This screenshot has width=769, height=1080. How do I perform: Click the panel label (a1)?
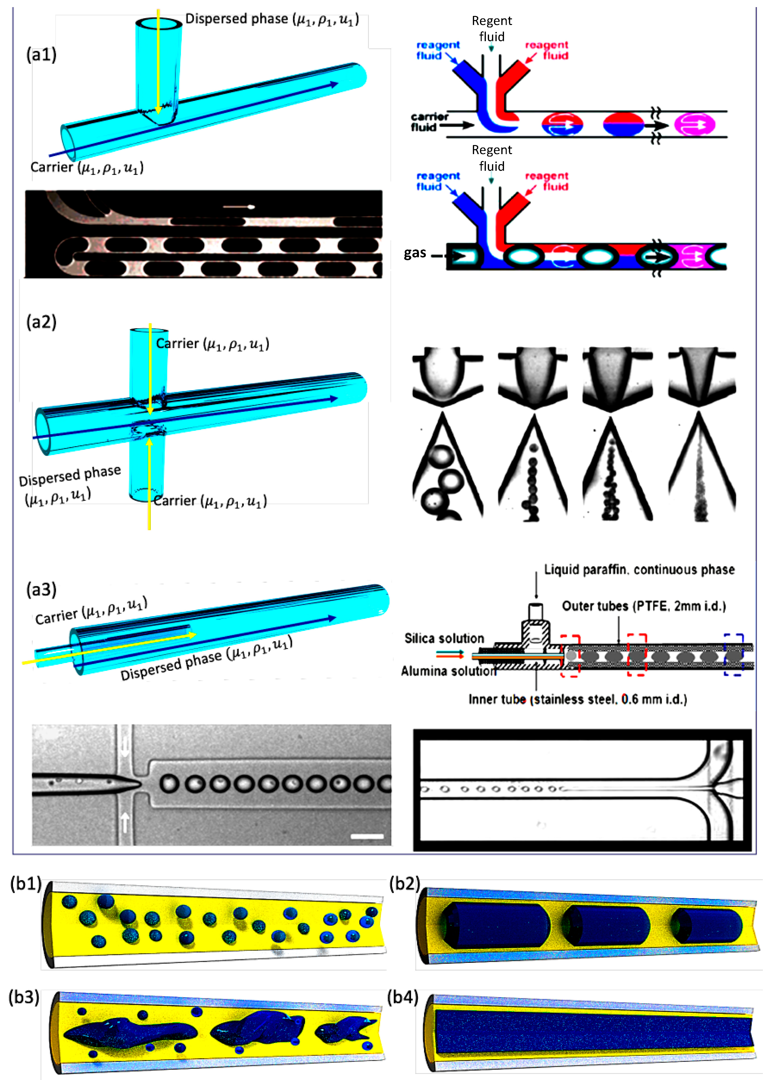coord(41,55)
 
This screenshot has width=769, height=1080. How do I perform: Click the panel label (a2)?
coord(41,322)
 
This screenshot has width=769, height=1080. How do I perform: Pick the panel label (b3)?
coord(24,997)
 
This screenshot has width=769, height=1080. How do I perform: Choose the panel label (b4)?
coord(403,997)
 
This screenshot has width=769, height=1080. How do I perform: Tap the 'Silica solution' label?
coord(444,638)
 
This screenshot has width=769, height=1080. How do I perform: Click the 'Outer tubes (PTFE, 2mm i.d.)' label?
coord(643,606)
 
